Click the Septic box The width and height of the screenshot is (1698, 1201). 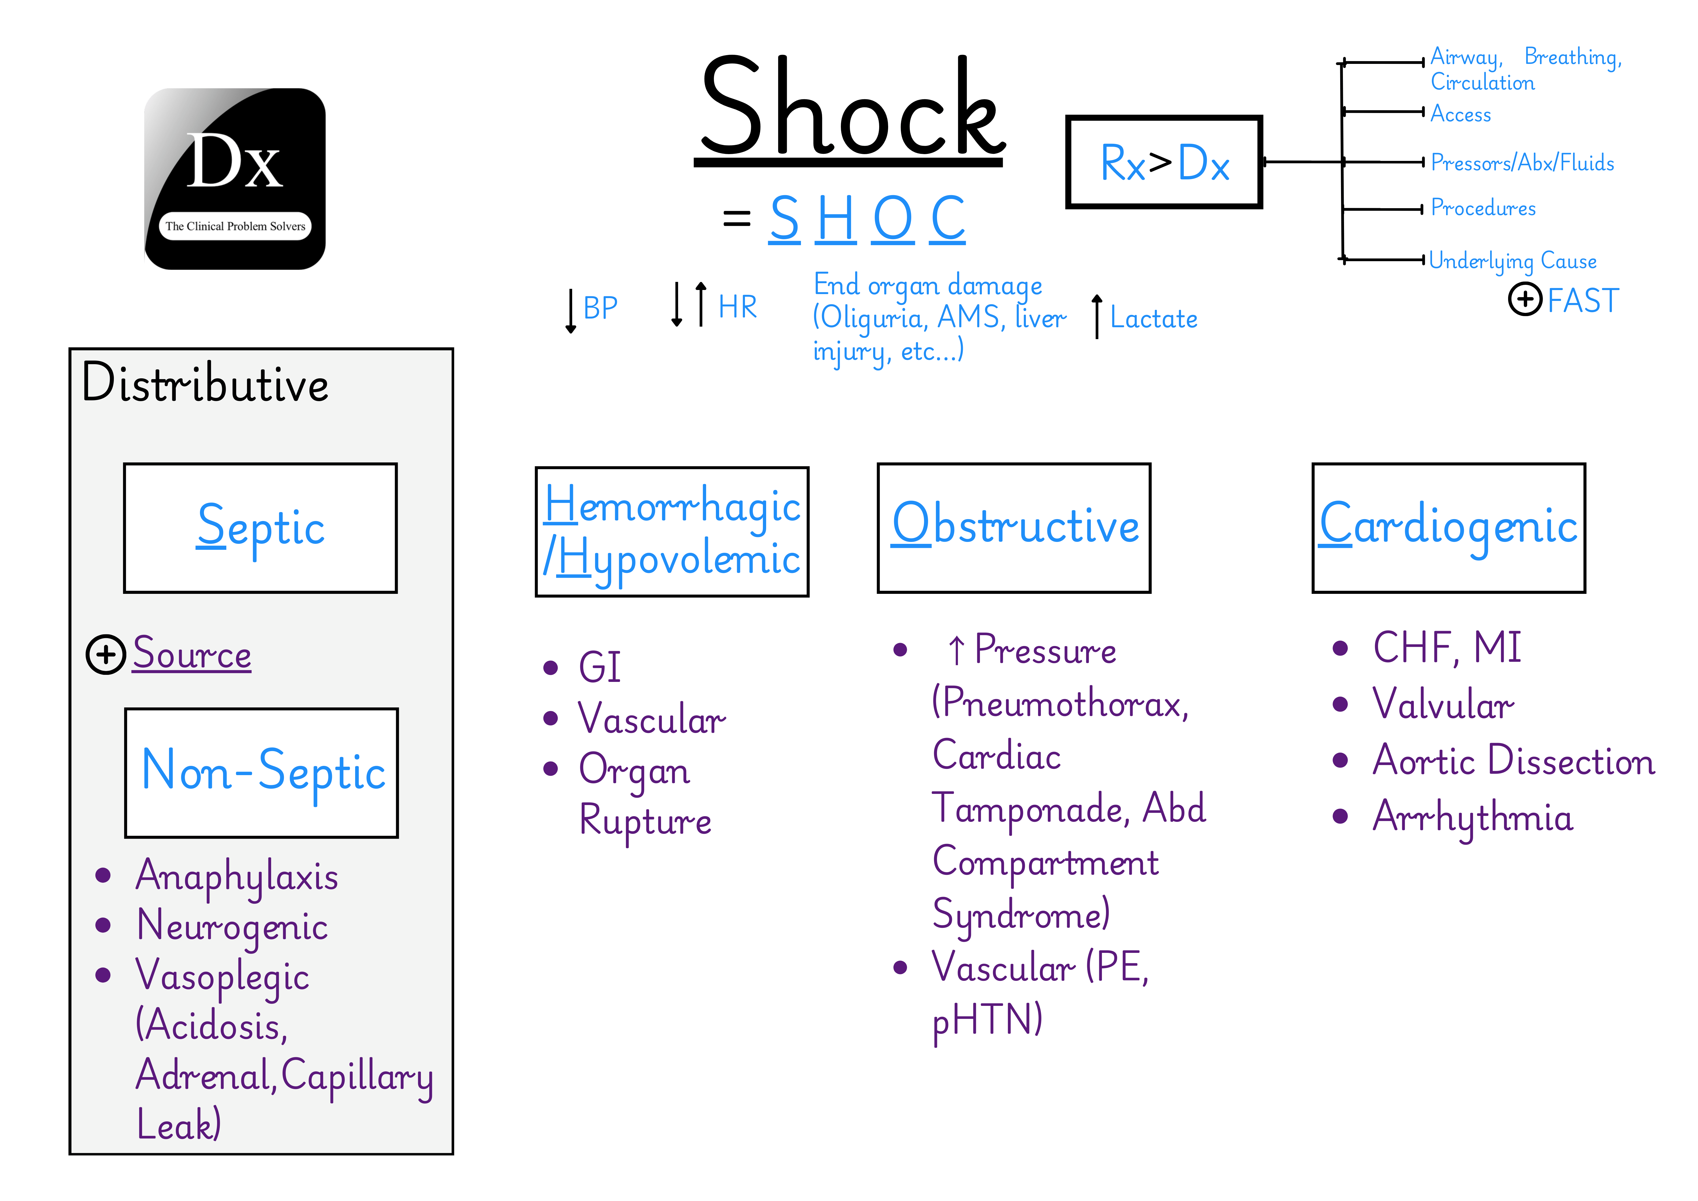click(260, 528)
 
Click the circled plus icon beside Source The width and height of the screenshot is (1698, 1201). click(106, 654)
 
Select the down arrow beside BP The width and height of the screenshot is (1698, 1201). click(570, 311)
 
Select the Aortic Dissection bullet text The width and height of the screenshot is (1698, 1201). click(1513, 761)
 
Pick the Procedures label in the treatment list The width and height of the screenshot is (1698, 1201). click(1483, 208)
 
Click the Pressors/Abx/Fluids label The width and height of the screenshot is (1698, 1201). click(1522, 163)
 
